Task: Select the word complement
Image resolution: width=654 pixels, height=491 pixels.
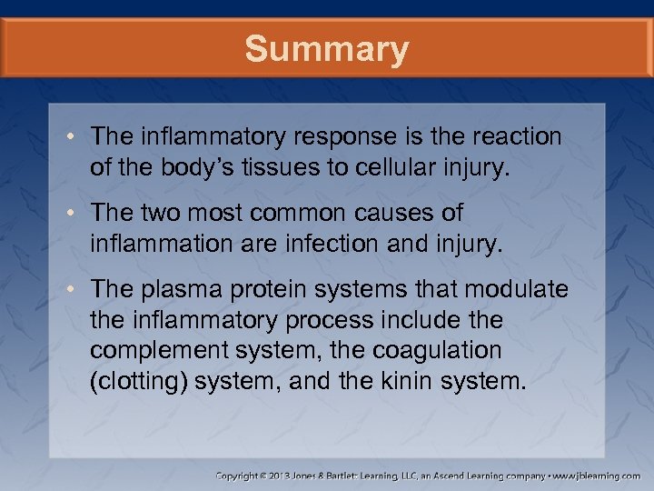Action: coord(151,350)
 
